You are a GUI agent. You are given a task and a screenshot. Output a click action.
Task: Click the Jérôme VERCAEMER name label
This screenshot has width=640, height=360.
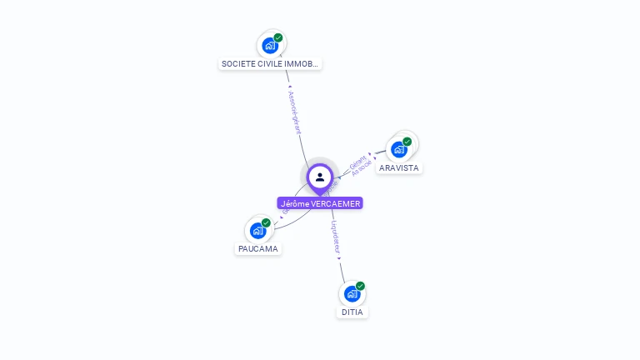click(x=320, y=203)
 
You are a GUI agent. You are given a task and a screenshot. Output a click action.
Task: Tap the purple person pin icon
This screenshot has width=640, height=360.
click(x=320, y=177)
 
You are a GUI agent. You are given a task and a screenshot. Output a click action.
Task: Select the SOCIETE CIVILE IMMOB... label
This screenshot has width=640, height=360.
click(x=270, y=63)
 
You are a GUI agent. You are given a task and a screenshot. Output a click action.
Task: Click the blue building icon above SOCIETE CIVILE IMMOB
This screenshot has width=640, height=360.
click(x=269, y=45)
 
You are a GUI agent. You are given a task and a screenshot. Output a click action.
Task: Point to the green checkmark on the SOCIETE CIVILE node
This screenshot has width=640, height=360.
click(x=278, y=37)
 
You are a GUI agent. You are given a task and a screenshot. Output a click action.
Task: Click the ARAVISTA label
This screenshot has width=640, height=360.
click(x=398, y=167)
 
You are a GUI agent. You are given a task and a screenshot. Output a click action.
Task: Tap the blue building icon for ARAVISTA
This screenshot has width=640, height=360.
click(x=398, y=149)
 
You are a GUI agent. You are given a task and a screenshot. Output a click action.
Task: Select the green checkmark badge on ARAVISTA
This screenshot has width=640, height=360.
click(x=407, y=142)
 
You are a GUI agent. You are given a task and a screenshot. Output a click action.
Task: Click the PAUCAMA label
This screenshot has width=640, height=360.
click(x=258, y=248)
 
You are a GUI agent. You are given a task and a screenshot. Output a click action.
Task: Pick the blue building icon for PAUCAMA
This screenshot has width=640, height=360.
click(x=257, y=230)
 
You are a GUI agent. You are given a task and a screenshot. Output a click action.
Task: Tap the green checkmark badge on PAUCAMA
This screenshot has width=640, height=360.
click(x=266, y=222)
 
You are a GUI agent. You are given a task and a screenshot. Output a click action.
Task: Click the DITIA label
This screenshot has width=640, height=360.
click(x=352, y=312)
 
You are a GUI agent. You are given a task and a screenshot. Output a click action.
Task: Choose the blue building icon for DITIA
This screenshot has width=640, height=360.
click(x=352, y=293)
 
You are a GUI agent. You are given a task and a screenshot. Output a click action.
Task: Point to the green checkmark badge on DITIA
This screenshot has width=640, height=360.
click(x=360, y=286)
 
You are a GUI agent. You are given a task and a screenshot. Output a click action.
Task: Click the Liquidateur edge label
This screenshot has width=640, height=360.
click(x=335, y=237)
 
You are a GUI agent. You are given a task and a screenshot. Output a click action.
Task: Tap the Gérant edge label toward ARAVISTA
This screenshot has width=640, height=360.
click(x=357, y=162)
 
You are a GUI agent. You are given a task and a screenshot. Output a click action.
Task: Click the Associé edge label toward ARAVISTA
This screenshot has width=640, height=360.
click(x=362, y=168)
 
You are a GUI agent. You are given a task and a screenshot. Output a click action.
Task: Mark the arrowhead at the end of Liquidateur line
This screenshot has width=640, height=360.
click(x=339, y=259)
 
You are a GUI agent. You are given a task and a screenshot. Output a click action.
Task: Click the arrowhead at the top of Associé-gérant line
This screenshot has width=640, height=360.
click(x=288, y=86)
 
